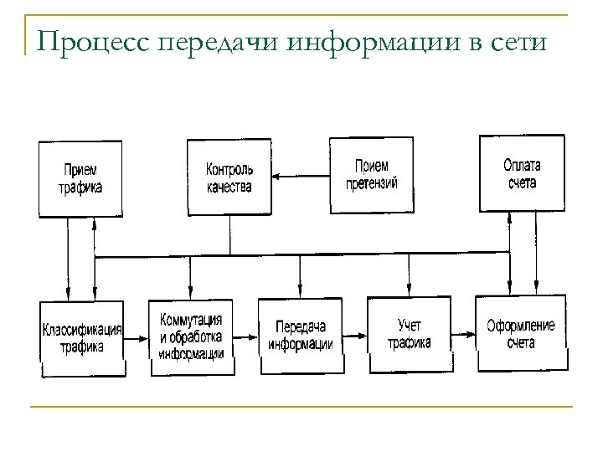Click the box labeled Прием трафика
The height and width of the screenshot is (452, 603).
(x=80, y=177)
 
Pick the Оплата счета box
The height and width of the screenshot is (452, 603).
(x=520, y=172)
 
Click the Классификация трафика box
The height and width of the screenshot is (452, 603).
(x=82, y=338)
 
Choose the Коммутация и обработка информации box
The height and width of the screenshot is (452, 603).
(x=190, y=336)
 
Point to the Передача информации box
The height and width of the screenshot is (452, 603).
(x=300, y=335)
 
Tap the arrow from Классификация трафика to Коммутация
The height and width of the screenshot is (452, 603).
(x=137, y=337)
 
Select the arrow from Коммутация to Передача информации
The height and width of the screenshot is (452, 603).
(x=245, y=336)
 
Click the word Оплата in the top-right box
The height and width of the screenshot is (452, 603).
(x=521, y=163)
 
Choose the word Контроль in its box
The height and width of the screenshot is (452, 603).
(x=229, y=169)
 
